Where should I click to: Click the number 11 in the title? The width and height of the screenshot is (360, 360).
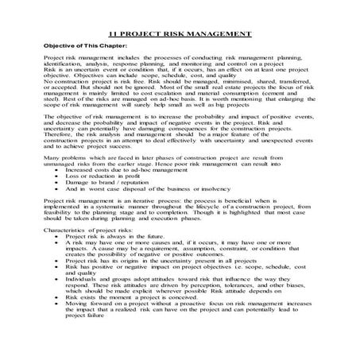tap(112, 36)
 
